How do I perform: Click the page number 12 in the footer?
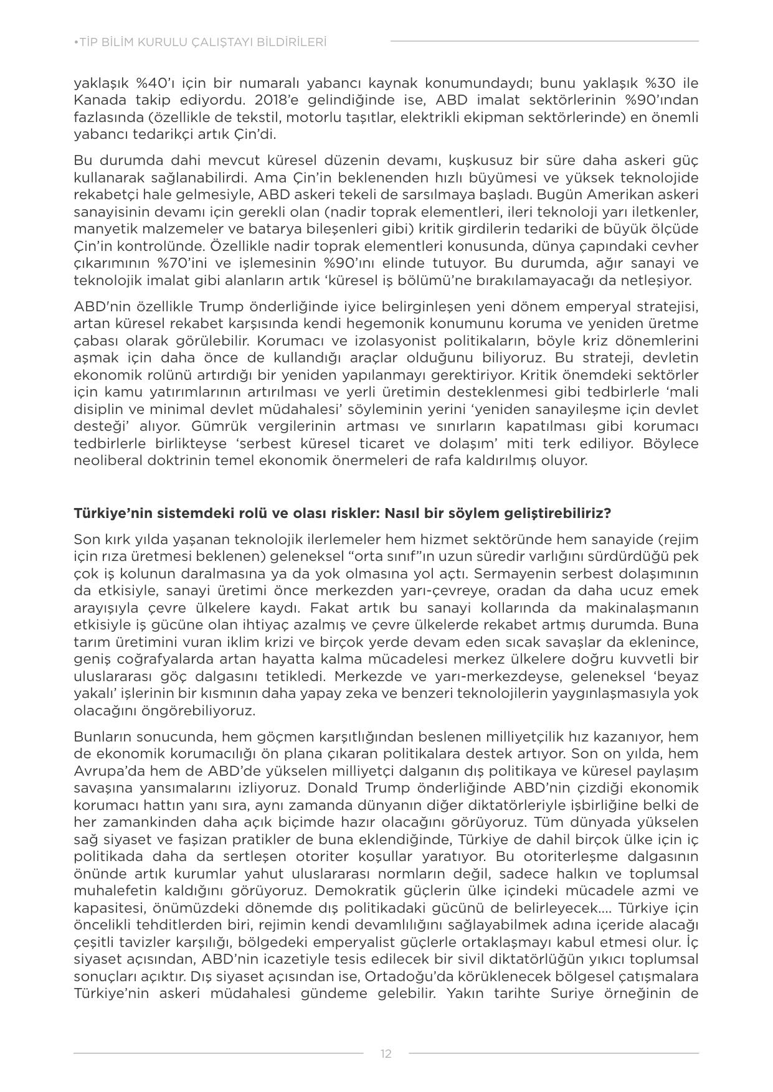(x=386, y=1053)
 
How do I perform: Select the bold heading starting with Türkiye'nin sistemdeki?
(x=342, y=514)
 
